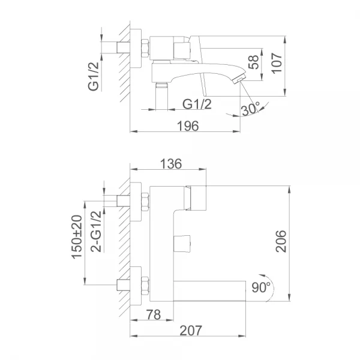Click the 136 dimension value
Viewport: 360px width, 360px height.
[x=170, y=164]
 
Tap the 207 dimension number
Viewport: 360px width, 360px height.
[x=189, y=330]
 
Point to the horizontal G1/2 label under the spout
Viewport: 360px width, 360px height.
[x=197, y=104]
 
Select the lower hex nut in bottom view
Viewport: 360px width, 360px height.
[x=144, y=284]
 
